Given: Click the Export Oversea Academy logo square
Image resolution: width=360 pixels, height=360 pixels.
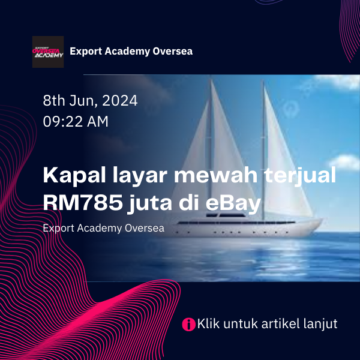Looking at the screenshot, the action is pyautogui.click(x=48, y=52).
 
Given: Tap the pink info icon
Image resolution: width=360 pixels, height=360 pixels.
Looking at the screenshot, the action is pyautogui.click(x=188, y=324).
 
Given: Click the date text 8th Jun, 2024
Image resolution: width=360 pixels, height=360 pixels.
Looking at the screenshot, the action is pyautogui.click(x=90, y=101).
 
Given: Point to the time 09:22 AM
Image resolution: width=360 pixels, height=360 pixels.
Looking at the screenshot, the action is pyautogui.click(x=76, y=121).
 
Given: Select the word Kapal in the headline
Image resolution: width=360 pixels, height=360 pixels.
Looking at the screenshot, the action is pyautogui.click(x=74, y=176).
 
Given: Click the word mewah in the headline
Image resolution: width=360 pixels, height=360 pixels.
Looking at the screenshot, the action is pyautogui.click(x=215, y=175).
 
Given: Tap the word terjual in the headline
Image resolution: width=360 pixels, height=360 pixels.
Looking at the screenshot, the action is pyautogui.click(x=300, y=176).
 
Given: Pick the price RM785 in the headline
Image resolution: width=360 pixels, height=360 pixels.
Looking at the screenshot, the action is pyautogui.click(x=83, y=203).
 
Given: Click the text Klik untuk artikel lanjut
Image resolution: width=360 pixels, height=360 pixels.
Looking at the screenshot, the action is pyautogui.click(x=267, y=324).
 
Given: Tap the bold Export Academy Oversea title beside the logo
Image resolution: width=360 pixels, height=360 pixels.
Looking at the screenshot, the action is pyautogui.click(x=131, y=51).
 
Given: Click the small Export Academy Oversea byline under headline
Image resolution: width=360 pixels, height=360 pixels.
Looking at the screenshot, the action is pyautogui.click(x=104, y=228).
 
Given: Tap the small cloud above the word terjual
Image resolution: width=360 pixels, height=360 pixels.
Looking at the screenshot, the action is pyautogui.click(x=344, y=161).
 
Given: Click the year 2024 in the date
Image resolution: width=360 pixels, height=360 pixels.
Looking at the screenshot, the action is pyautogui.click(x=120, y=101).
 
